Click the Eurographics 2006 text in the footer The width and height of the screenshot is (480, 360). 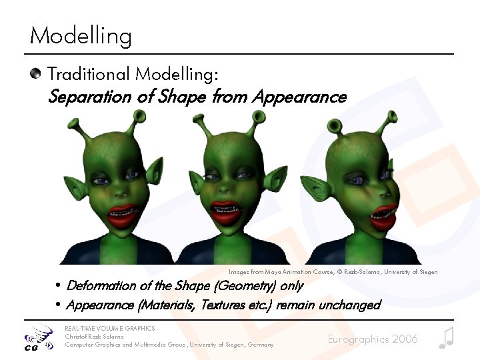point(373,339)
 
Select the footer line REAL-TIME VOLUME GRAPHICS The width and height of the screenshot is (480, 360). point(109,328)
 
